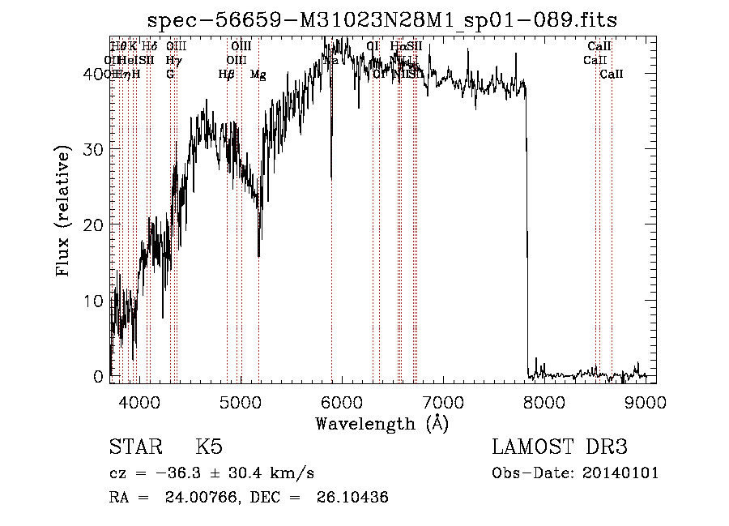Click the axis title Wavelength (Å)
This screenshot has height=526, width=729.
(382, 424)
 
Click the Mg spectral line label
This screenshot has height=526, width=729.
(258, 75)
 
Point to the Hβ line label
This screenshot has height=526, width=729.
(226, 75)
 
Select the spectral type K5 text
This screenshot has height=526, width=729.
(209, 447)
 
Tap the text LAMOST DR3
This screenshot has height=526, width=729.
(559, 447)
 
